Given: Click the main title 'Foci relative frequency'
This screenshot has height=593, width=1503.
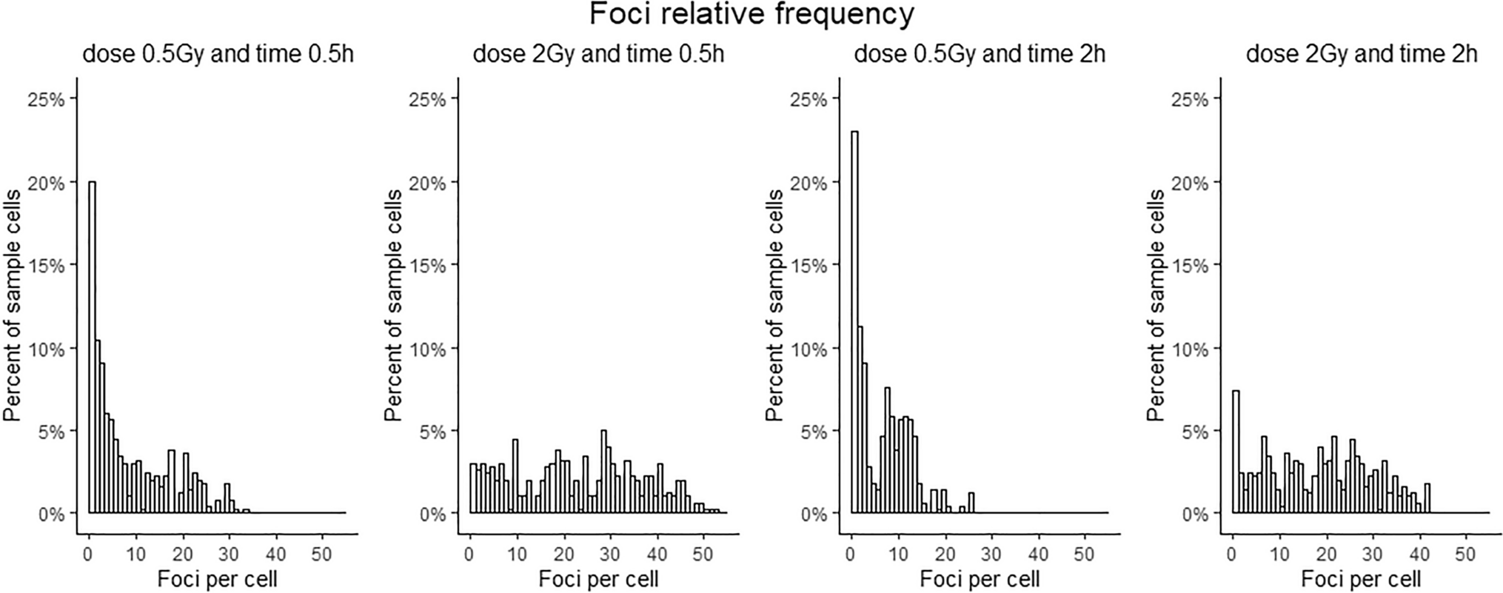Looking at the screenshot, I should [751, 15].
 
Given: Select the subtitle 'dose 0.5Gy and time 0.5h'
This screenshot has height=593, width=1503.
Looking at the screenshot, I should [218, 55].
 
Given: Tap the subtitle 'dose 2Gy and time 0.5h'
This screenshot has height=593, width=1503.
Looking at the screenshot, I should [598, 55].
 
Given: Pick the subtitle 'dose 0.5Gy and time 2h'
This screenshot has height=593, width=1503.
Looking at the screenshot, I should [980, 55].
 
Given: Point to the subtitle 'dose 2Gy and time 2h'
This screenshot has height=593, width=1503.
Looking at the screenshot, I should [1362, 55].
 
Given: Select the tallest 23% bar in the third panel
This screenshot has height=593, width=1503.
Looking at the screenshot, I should [854, 322].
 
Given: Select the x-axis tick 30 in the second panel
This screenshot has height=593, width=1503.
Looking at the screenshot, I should [610, 555].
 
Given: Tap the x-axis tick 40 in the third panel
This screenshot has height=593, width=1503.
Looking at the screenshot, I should [1038, 555].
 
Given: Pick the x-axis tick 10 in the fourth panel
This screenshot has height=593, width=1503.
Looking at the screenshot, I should [1279, 555].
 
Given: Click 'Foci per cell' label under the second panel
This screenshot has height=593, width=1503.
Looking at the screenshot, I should [598, 578].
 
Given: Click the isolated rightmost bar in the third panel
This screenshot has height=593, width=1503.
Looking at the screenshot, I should [971, 503].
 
